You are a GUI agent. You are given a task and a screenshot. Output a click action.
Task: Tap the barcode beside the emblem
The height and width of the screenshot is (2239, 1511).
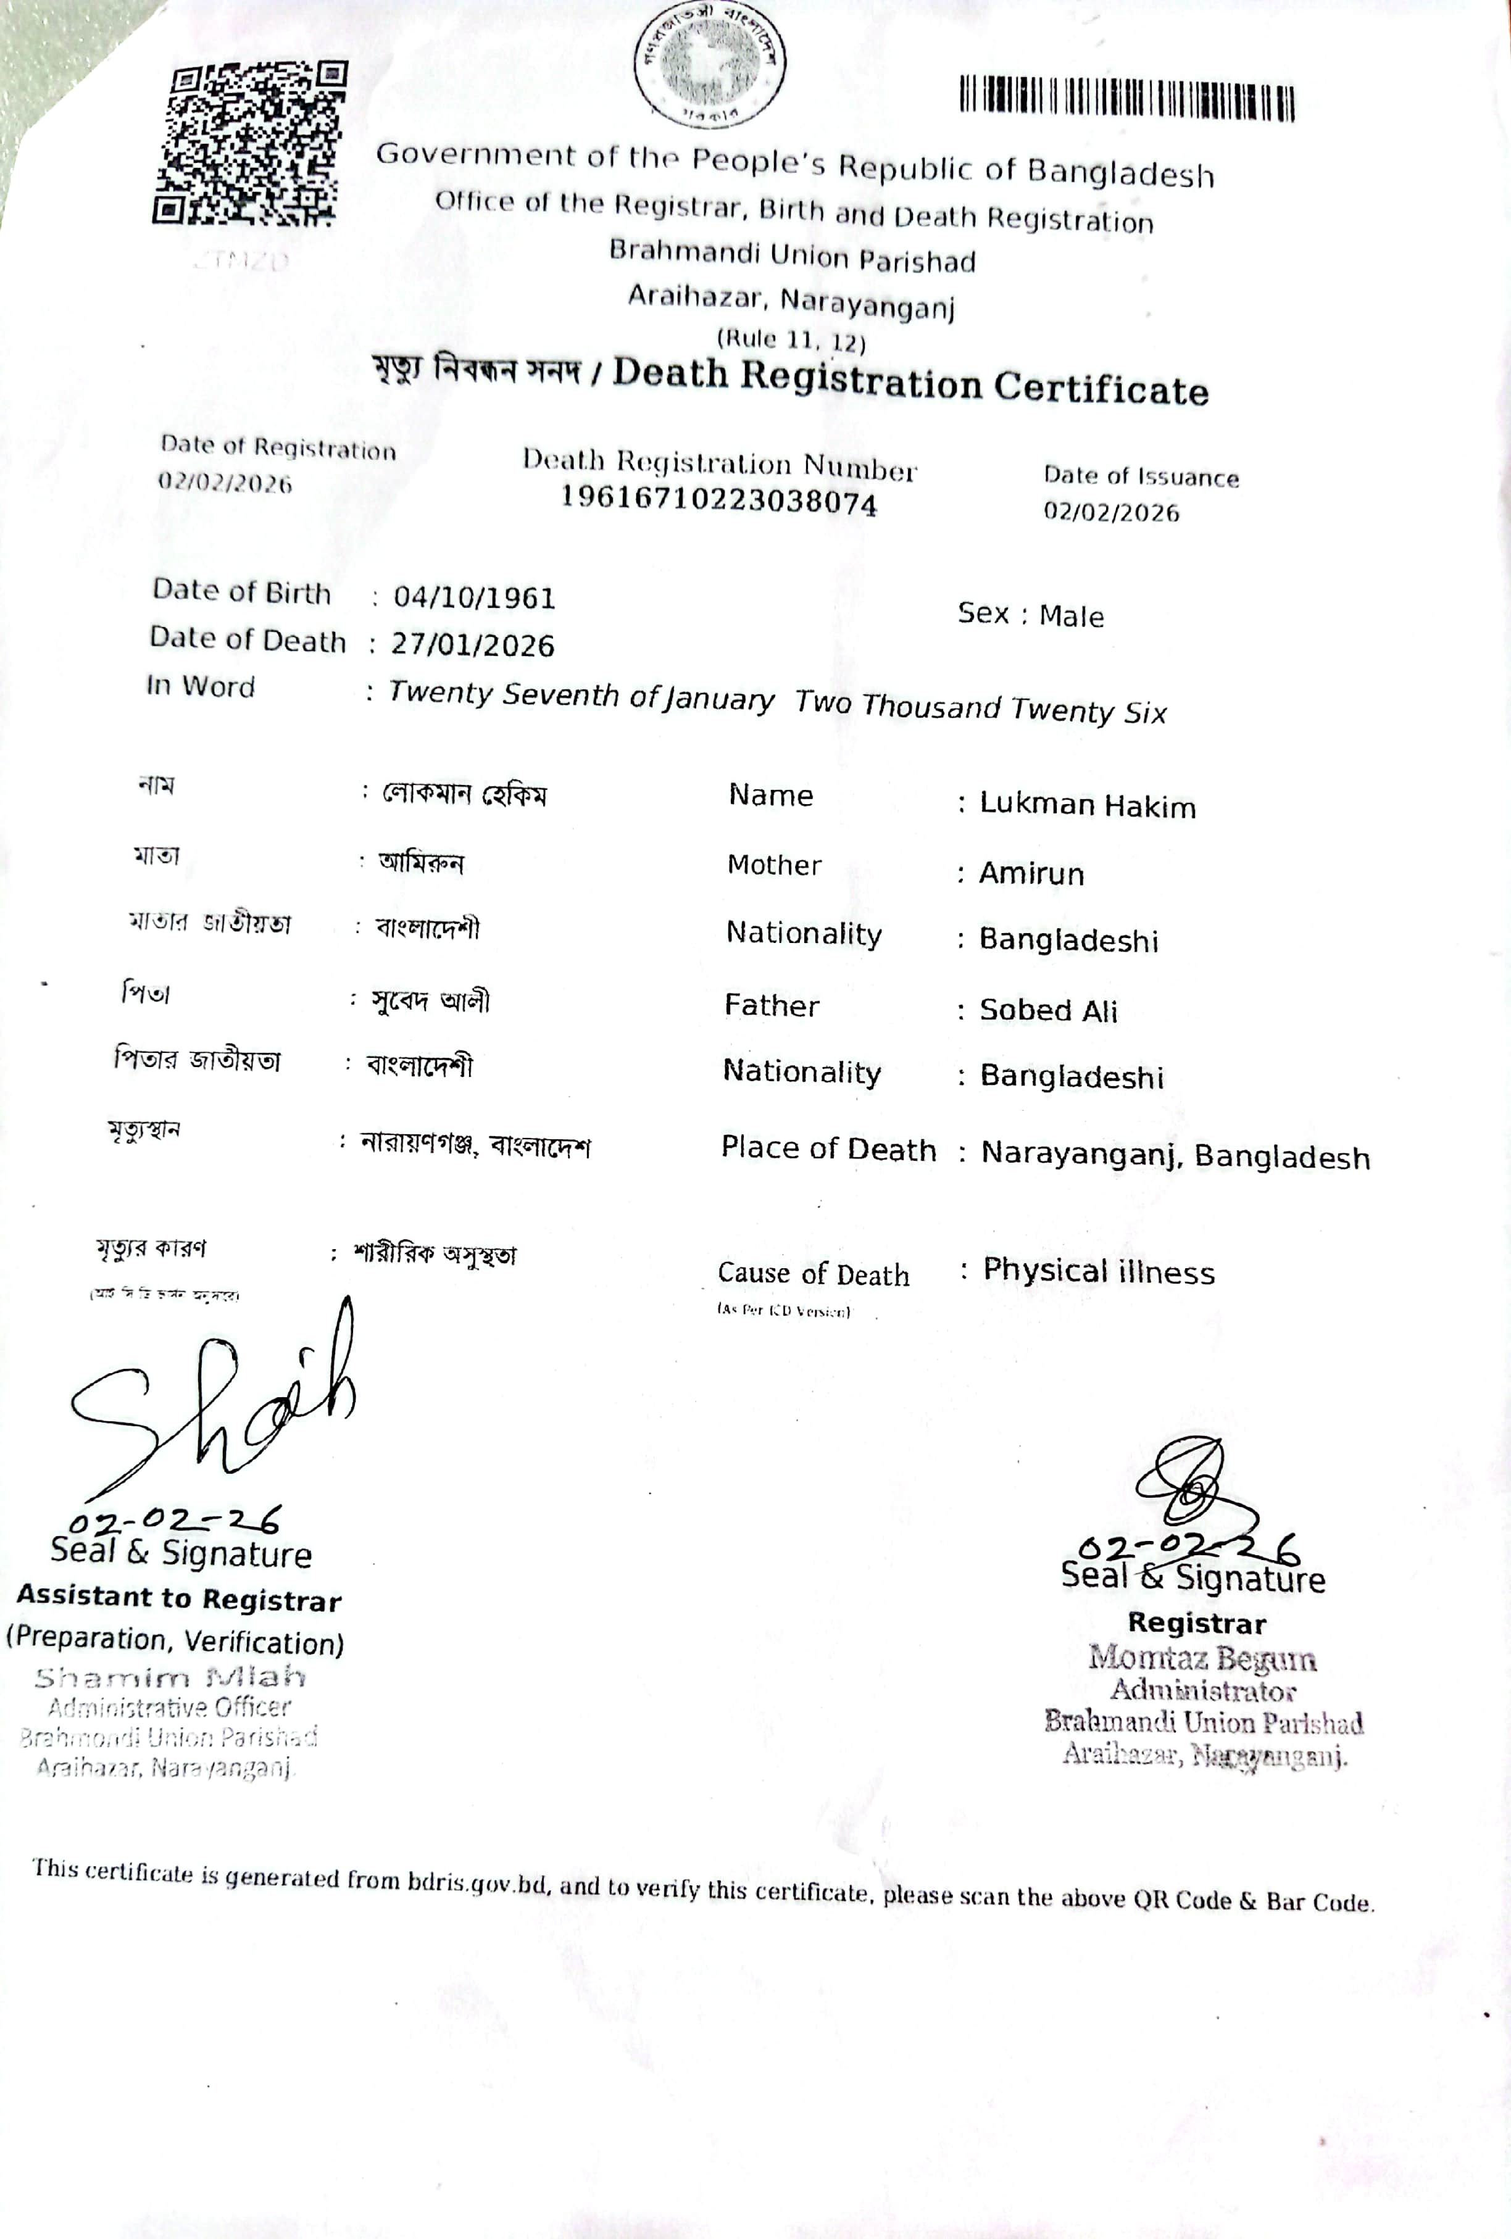(1126, 100)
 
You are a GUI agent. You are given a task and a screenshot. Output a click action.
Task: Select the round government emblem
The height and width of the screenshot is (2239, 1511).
(709, 62)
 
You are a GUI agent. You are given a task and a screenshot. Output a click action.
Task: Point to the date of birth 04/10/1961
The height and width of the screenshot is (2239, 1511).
(474, 597)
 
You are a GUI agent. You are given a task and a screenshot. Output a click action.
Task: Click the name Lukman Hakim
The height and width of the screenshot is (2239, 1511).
(1087, 805)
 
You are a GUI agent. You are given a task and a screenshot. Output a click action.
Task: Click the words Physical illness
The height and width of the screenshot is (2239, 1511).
(1099, 1272)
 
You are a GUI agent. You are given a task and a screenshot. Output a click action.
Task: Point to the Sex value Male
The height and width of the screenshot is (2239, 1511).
(1071, 616)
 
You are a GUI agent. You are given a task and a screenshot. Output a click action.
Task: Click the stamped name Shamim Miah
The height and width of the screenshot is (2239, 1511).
(170, 1677)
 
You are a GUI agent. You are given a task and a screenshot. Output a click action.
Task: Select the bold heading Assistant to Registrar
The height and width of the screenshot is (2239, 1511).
(179, 1599)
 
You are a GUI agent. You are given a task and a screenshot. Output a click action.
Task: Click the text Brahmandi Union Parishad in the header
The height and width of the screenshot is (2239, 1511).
(792, 256)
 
